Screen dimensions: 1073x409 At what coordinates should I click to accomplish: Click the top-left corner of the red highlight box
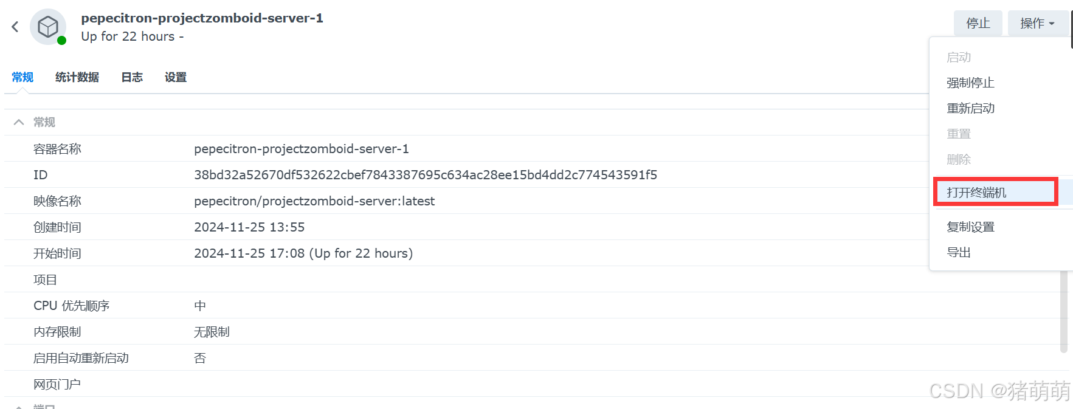click(934, 178)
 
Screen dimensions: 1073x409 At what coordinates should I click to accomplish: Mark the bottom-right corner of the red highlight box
click(1057, 205)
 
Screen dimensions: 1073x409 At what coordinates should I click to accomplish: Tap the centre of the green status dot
click(61, 41)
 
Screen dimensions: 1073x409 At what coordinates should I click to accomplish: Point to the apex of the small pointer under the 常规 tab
click(22, 89)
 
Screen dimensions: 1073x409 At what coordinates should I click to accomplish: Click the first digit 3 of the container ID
click(198, 175)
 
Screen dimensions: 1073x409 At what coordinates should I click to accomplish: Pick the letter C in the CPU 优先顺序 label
click(37, 306)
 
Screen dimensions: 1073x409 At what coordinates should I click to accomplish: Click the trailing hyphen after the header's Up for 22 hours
click(181, 38)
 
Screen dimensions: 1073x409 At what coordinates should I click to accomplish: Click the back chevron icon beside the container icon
click(15, 27)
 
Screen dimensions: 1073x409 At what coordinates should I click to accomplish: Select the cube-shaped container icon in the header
click(48, 26)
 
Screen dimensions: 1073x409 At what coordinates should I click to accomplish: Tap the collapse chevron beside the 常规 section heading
click(19, 122)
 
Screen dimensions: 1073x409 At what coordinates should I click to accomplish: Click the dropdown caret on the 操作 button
click(1052, 24)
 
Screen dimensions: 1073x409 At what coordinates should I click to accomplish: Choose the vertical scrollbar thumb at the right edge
click(1064, 312)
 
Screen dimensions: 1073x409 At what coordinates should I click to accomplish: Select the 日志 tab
click(132, 77)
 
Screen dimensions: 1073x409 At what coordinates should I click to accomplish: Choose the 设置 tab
click(176, 77)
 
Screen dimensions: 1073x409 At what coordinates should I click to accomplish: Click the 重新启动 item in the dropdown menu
click(970, 108)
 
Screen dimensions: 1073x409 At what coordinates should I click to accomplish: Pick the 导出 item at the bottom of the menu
click(959, 252)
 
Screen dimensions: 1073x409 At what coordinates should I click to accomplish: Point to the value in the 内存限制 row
click(212, 332)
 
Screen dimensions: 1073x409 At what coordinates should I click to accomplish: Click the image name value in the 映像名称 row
click(314, 201)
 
